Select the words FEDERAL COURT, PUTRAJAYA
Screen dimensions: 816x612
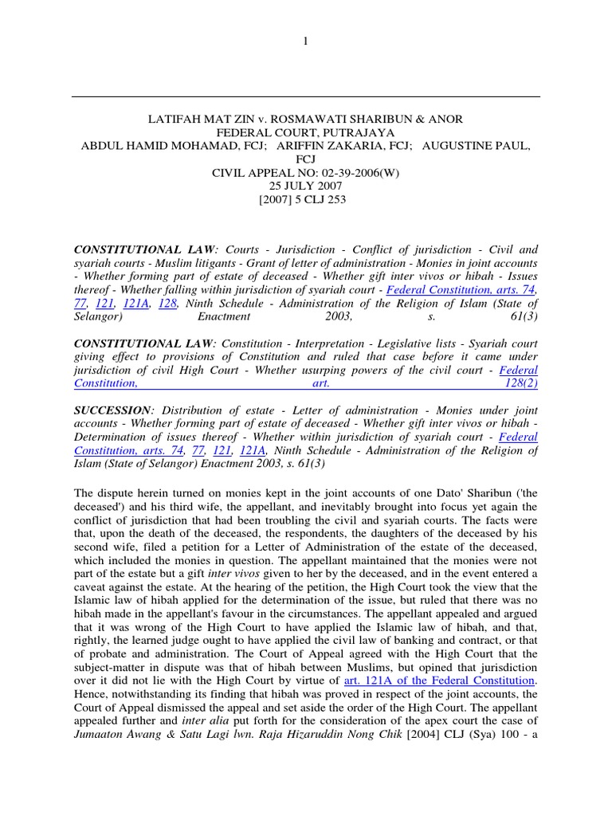[305, 132]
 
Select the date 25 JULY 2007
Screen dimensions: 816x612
[305, 186]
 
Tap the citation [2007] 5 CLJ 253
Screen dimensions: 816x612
[305, 200]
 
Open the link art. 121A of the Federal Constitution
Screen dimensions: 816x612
[438, 681]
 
